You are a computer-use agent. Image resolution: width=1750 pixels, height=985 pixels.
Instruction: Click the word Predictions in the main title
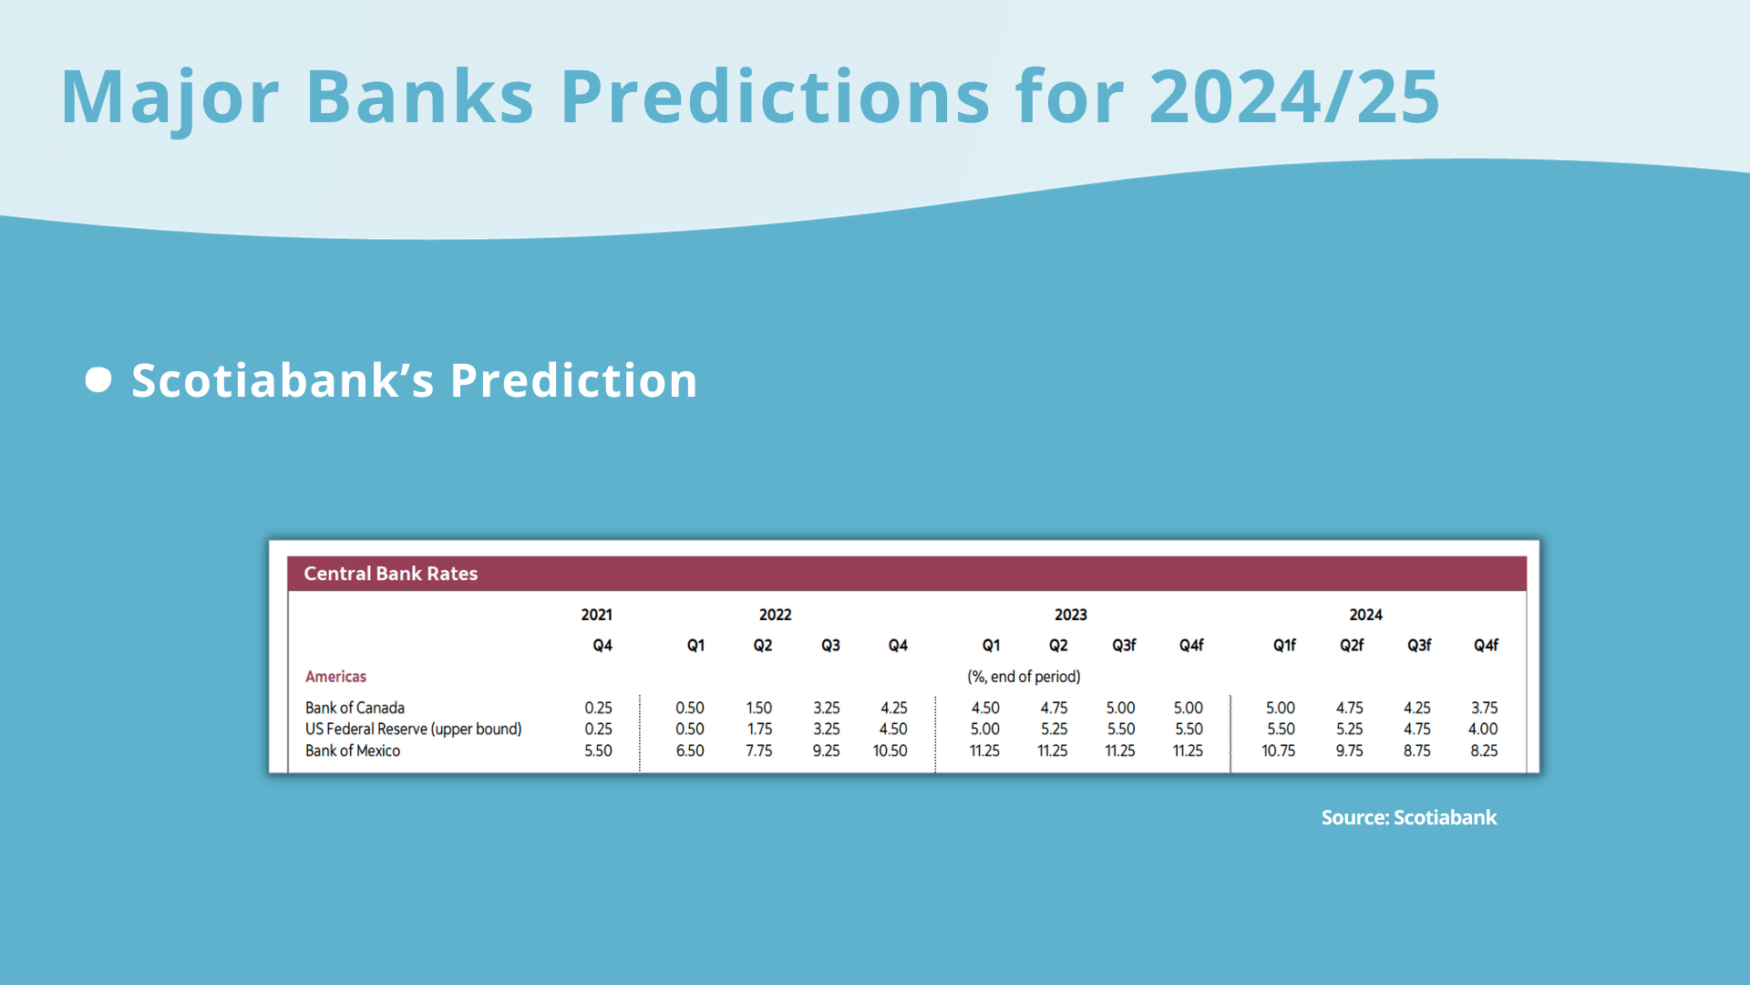pyautogui.click(x=775, y=96)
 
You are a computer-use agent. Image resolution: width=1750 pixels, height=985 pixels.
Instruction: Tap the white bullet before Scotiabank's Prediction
pyautogui.click(x=98, y=379)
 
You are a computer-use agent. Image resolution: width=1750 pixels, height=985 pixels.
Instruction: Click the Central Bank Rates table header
pyautogui.click(x=390, y=574)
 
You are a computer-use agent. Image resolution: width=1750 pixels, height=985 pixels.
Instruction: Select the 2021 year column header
pyautogui.click(x=597, y=615)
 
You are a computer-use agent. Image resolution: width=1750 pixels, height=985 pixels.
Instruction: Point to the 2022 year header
pyautogui.click(x=776, y=615)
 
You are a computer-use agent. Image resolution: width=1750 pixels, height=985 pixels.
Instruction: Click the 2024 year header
pyautogui.click(x=1366, y=615)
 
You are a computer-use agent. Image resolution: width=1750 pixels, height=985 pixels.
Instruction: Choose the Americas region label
pyautogui.click(x=335, y=677)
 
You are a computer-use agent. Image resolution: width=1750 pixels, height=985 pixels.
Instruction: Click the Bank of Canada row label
pyautogui.click(x=355, y=708)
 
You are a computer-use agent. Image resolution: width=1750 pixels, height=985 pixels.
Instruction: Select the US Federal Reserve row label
pyautogui.click(x=413, y=729)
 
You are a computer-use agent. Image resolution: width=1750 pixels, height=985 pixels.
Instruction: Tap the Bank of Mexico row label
pyautogui.click(x=353, y=751)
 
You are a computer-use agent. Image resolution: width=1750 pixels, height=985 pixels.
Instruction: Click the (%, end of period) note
pyautogui.click(x=1024, y=677)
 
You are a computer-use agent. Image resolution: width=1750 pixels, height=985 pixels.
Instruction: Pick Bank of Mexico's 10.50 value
pyautogui.click(x=890, y=751)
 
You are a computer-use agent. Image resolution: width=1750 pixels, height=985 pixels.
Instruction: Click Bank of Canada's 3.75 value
pyautogui.click(x=1485, y=708)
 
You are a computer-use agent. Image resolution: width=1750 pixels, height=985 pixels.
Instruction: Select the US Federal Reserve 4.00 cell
pyautogui.click(x=1483, y=729)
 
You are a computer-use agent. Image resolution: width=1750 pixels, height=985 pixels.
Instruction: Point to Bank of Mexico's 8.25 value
pyautogui.click(x=1485, y=751)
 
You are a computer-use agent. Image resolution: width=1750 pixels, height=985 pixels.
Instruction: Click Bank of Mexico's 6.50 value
pyautogui.click(x=690, y=751)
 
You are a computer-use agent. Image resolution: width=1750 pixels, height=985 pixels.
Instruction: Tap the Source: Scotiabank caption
pyautogui.click(x=1409, y=817)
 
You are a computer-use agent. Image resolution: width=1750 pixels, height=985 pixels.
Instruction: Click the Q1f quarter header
pyautogui.click(x=1284, y=645)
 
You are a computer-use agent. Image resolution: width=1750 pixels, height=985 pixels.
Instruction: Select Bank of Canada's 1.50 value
pyautogui.click(x=759, y=708)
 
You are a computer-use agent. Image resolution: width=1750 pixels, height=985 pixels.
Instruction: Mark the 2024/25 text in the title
pyautogui.click(x=1294, y=96)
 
